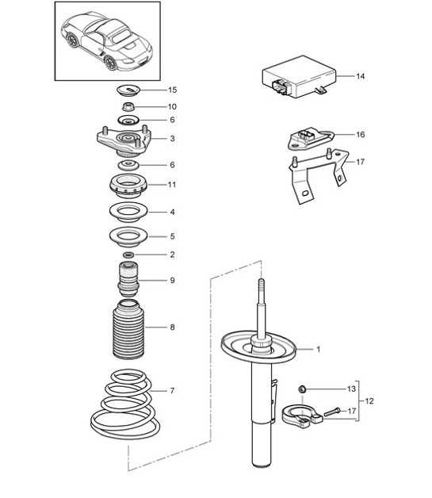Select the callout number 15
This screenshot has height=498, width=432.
[172, 90]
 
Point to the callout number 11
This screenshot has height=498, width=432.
[172, 185]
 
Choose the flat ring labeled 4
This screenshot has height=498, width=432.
[128, 213]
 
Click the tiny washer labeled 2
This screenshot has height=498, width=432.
[128, 255]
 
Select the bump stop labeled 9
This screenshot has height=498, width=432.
[128, 280]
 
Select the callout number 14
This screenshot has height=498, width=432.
[360, 77]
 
